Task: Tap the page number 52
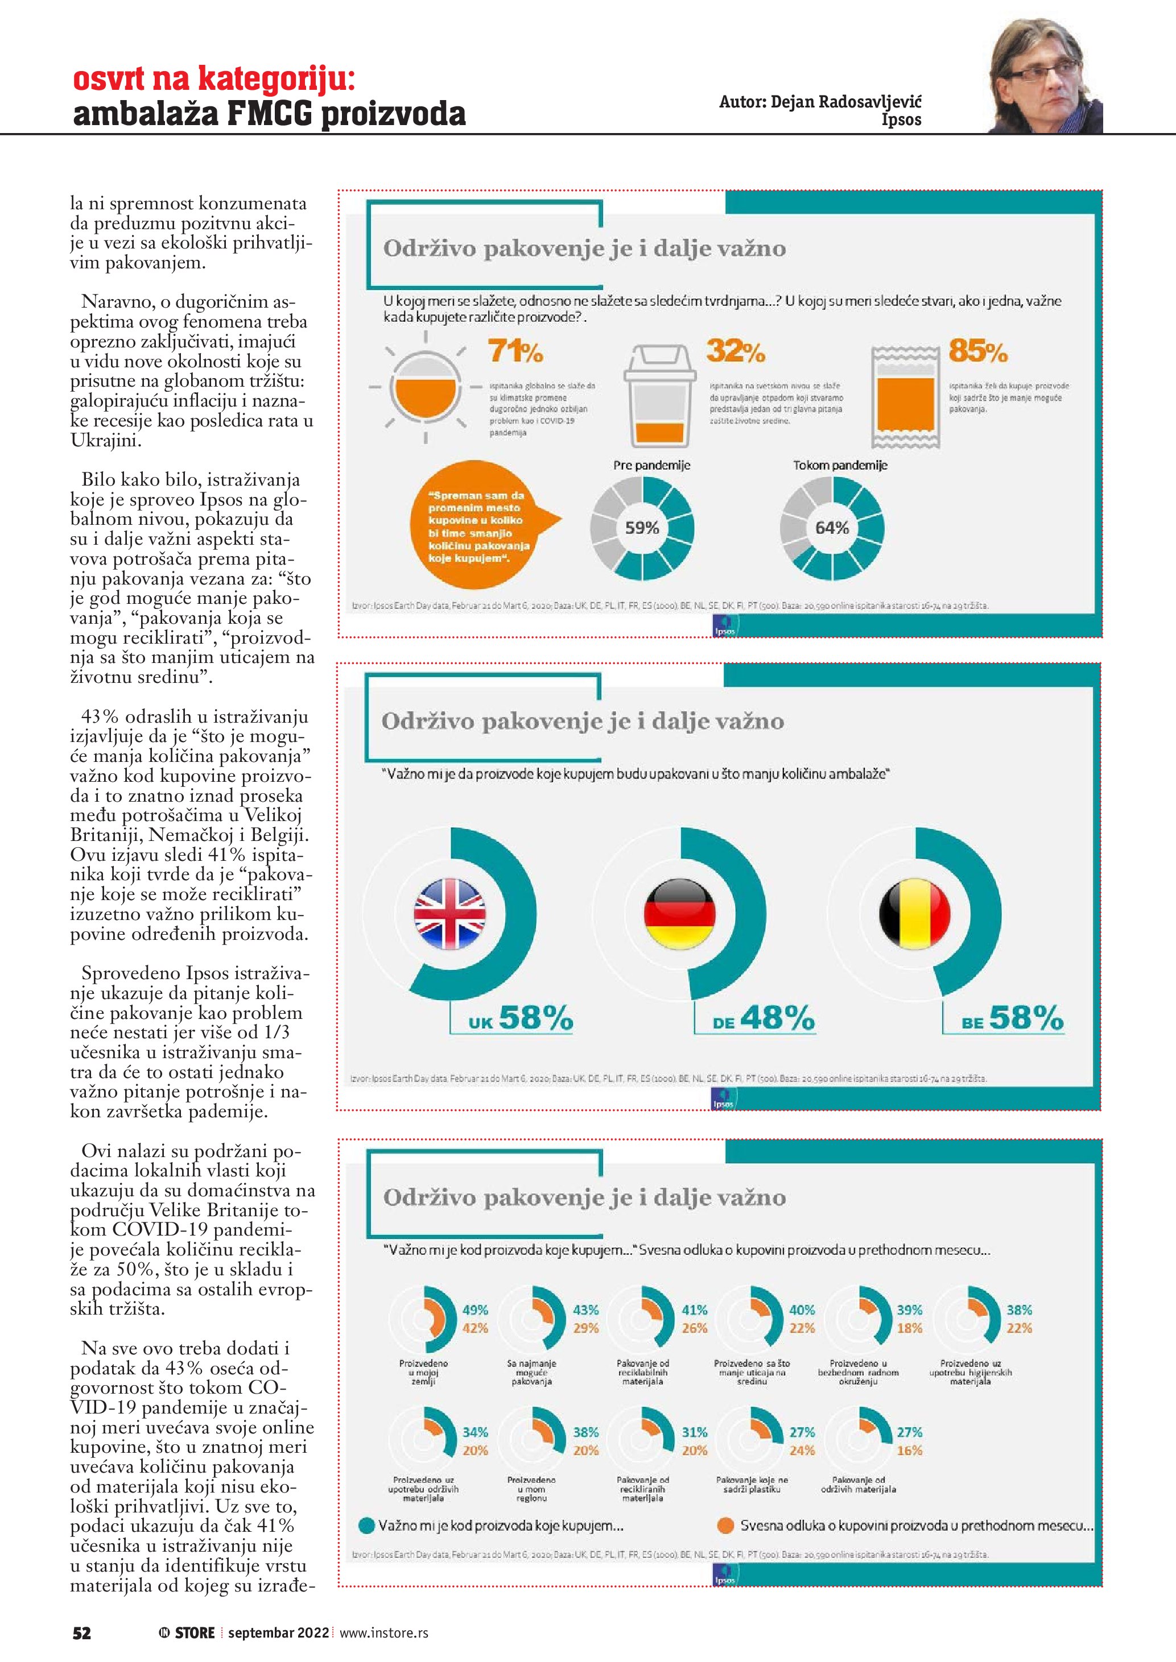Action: [x=82, y=1632]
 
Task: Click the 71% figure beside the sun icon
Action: [x=515, y=352]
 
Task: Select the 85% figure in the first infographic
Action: [x=977, y=352]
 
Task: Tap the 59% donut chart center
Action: [x=642, y=528]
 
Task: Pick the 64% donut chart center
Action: [x=831, y=528]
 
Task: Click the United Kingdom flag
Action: [x=449, y=914]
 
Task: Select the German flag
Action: [x=679, y=914]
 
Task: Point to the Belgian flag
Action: [x=914, y=914]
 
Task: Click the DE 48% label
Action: [x=764, y=1018]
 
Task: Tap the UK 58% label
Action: [x=520, y=1018]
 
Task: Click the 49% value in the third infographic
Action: [x=475, y=1310]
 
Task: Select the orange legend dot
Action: [x=725, y=1525]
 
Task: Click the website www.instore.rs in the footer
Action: [x=384, y=1633]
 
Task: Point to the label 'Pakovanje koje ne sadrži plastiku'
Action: [x=752, y=1485]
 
